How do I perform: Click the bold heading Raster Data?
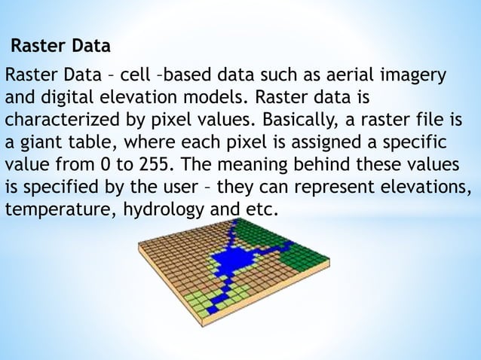pos(60,47)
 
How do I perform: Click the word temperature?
pos(57,208)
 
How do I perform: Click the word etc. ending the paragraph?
pos(261,208)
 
